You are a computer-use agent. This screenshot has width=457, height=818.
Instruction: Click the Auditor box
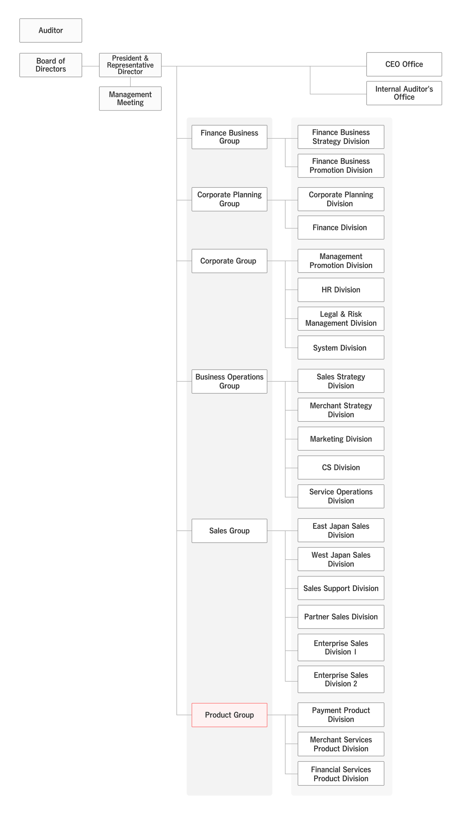click(50, 30)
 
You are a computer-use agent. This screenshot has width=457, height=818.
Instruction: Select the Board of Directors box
click(50, 65)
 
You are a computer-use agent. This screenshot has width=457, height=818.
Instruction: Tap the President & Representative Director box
click(130, 65)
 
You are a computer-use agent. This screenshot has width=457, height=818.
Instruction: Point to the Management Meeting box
click(130, 98)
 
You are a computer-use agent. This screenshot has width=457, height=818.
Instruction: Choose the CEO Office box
click(404, 64)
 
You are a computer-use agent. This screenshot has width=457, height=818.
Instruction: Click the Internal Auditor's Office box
click(404, 93)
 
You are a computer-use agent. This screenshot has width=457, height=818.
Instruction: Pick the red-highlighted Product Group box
click(229, 715)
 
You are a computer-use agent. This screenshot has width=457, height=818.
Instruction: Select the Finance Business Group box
click(229, 137)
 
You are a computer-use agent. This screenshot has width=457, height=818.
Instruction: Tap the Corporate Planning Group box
click(229, 199)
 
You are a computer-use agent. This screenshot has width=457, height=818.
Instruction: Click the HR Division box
click(341, 290)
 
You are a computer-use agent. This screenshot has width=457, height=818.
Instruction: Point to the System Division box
click(341, 347)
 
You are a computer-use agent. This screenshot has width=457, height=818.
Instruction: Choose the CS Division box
click(341, 467)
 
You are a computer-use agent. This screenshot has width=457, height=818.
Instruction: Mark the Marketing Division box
click(341, 438)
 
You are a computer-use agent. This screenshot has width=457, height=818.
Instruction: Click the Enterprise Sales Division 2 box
click(341, 679)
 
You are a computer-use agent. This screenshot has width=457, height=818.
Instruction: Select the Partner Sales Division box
click(341, 617)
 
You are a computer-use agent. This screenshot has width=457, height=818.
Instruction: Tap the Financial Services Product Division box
click(341, 774)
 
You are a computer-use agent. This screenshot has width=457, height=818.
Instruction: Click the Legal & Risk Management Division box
click(341, 319)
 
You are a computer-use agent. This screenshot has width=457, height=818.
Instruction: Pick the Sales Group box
click(229, 531)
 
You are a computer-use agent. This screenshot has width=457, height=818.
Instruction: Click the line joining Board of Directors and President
click(90, 66)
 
